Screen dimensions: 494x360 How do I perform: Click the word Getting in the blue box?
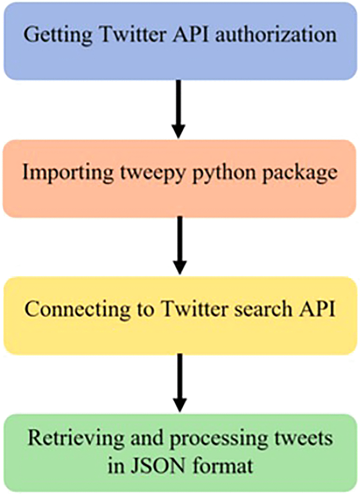click(58, 35)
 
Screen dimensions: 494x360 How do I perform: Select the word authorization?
click(276, 35)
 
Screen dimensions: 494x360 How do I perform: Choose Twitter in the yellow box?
click(195, 309)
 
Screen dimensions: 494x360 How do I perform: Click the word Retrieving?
click(76, 439)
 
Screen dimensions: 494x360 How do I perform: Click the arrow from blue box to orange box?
click(178, 108)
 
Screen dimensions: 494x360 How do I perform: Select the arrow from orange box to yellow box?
click(180, 244)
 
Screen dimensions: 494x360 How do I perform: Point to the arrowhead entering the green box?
click(180, 405)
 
